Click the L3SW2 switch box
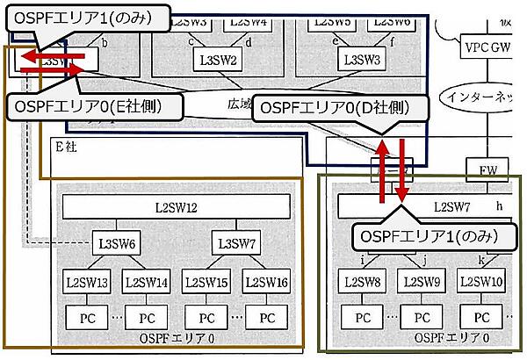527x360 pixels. (x=217, y=61)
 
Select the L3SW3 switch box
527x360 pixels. (x=360, y=61)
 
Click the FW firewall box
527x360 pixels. (x=488, y=168)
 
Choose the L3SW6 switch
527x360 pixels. (x=117, y=242)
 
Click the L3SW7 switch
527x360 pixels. (x=235, y=242)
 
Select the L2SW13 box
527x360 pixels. (x=87, y=283)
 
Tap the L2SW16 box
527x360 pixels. (x=266, y=283)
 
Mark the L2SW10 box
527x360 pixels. (x=481, y=283)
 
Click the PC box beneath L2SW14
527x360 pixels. (x=147, y=316)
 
